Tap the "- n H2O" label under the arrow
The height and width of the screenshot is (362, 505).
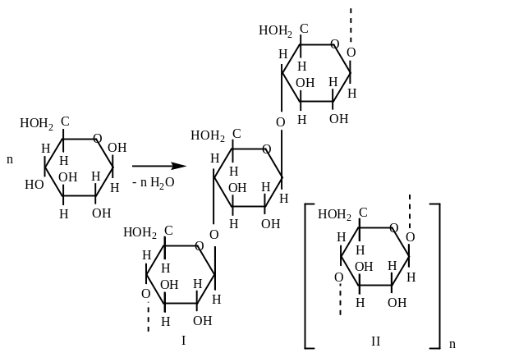coord(155,183)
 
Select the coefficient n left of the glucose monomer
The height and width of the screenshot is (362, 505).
coord(10,161)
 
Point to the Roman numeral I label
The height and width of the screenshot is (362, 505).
coord(182,339)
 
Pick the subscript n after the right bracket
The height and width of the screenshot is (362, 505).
coord(452,344)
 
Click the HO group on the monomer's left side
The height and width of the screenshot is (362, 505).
coord(34,184)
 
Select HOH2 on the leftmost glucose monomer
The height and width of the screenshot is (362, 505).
coord(37,125)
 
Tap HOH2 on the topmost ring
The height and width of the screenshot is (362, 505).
coord(276,31)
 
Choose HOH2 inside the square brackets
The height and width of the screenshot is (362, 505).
coord(334,215)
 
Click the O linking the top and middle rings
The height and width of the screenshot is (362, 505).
coord(281,121)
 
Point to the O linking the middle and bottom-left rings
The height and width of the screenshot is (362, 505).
coord(214,235)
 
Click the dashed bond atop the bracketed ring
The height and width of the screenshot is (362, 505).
coord(410,205)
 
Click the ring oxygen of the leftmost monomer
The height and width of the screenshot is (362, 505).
coord(98,138)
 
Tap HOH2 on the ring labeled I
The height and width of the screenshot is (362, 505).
coord(140,232)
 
